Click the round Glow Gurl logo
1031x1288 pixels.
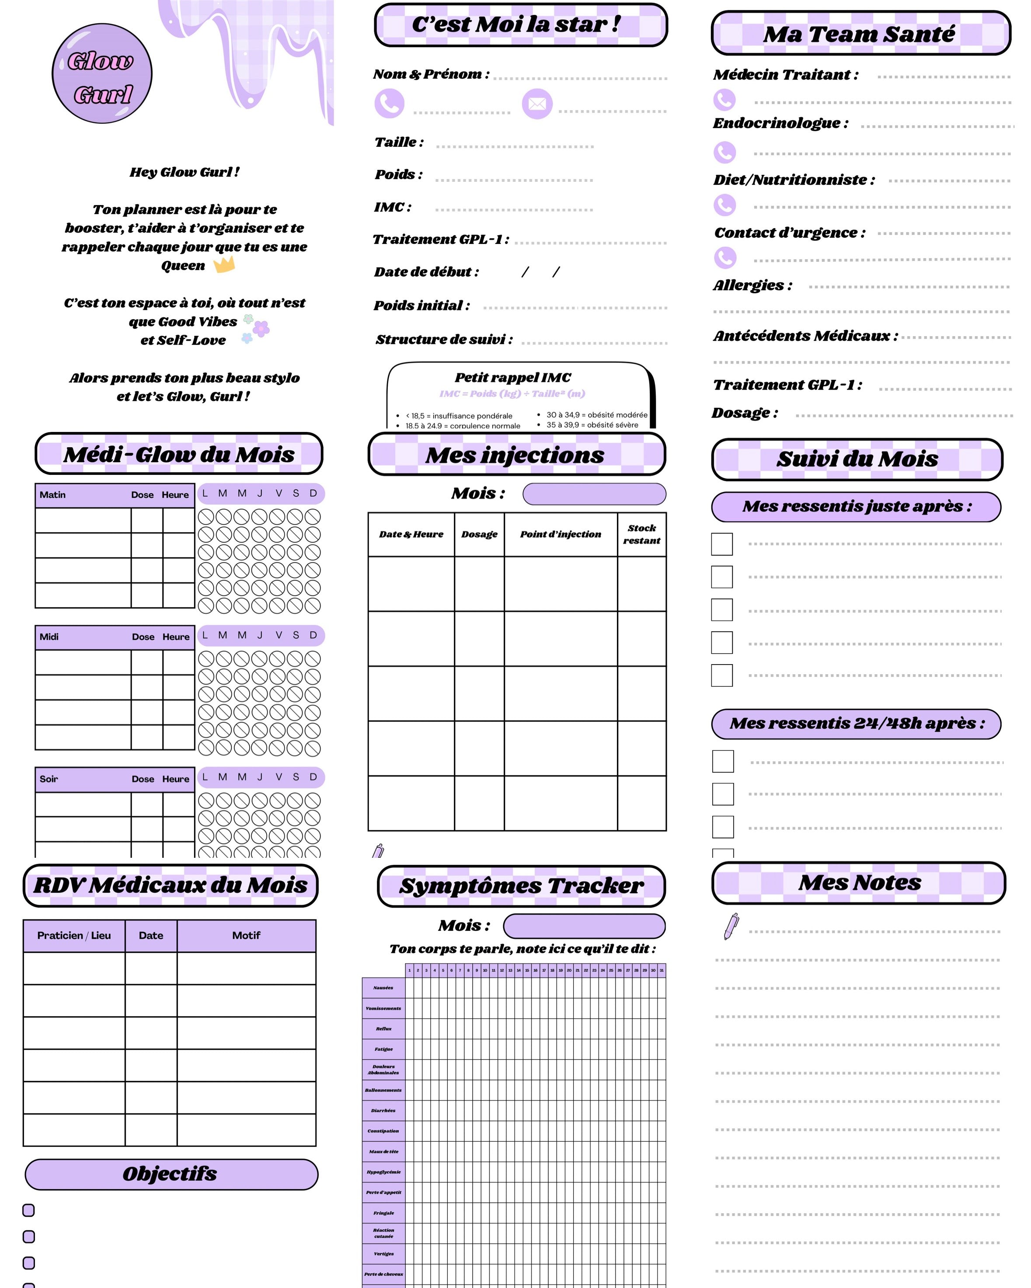(102, 74)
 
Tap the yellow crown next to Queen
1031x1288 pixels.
(224, 264)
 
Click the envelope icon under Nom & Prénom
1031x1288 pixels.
(537, 104)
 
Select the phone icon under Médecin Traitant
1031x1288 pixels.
(724, 100)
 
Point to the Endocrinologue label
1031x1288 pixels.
(780, 123)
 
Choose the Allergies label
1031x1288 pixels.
(752, 285)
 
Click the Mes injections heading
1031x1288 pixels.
(515, 455)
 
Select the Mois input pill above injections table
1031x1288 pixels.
(594, 494)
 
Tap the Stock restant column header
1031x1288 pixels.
(641, 534)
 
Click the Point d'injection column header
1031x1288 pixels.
(560, 534)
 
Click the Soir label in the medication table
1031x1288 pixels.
(49, 779)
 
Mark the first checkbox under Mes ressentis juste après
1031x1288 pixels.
(721, 544)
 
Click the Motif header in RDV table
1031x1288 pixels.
(246, 936)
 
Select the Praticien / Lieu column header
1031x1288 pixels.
(74, 936)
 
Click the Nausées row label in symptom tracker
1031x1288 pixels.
(383, 988)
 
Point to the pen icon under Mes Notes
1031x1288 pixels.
(731, 926)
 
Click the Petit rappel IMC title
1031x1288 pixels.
(512, 378)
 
